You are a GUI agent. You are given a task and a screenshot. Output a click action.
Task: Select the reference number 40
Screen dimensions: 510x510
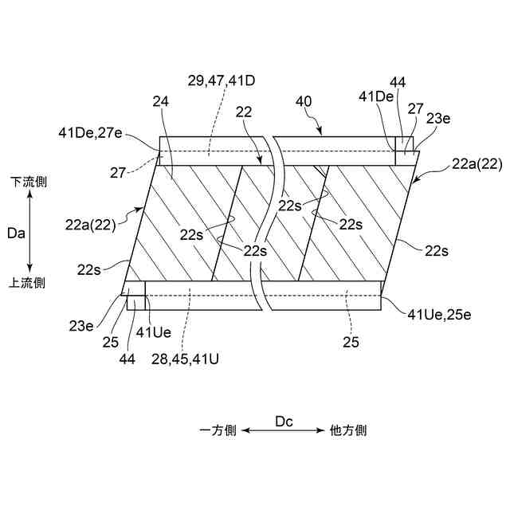tap(304, 103)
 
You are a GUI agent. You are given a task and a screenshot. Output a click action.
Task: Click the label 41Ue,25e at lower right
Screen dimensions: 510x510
tap(439, 315)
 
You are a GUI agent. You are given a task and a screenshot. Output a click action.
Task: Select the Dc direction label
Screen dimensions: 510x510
tap(284, 420)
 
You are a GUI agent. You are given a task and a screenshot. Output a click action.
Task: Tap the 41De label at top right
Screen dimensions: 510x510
tap(376, 97)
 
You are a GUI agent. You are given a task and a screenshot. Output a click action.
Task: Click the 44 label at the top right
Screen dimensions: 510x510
tap(398, 82)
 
